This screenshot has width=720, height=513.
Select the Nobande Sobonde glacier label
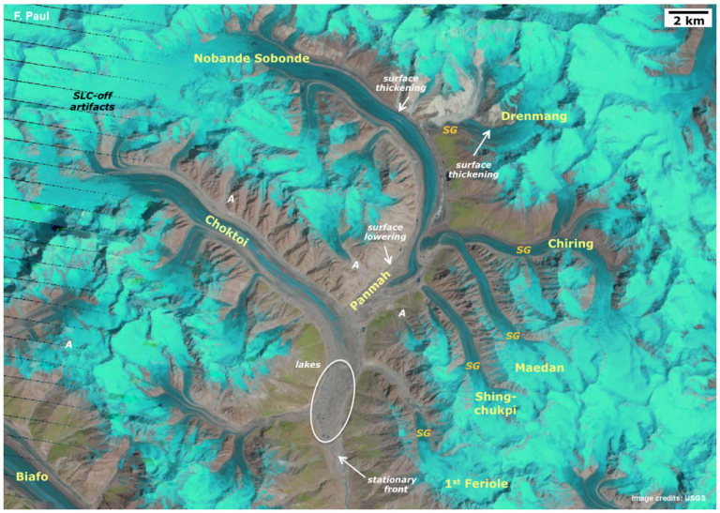click(250, 59)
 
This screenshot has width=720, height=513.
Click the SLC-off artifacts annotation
click(100, 102)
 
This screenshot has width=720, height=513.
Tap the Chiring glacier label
click(570, 244)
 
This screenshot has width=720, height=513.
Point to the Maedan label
click(538, 369)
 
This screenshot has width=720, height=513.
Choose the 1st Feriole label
click(477, 483)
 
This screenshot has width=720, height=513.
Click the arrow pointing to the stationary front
click(352, 463)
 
